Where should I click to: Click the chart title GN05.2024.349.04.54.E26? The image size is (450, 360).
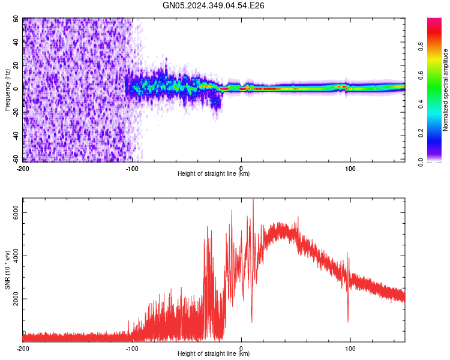tap(214, 5)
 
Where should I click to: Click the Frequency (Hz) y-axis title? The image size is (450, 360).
tap(8, 90)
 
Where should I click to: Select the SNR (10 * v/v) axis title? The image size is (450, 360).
tap(8, 270)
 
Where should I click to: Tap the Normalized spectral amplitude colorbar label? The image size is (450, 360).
tap(445, 90)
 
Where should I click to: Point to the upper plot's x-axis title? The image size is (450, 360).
tap(214, 174)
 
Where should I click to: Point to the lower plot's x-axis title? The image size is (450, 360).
tap(214, 354)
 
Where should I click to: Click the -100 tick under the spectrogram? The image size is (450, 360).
tap(132, 168)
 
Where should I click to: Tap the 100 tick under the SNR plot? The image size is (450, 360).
tap(350, 348)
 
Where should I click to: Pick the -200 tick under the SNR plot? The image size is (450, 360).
tap(23, 348)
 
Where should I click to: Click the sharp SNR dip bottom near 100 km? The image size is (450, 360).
tap(348, 322)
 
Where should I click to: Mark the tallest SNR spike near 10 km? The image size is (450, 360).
tap(253, 199)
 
